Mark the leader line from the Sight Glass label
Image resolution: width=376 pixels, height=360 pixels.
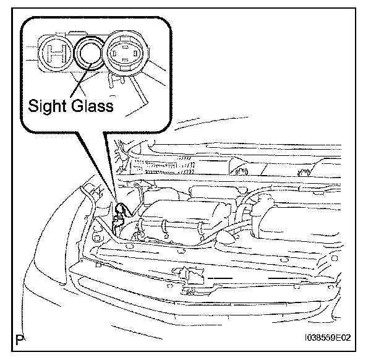click(82, 79)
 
